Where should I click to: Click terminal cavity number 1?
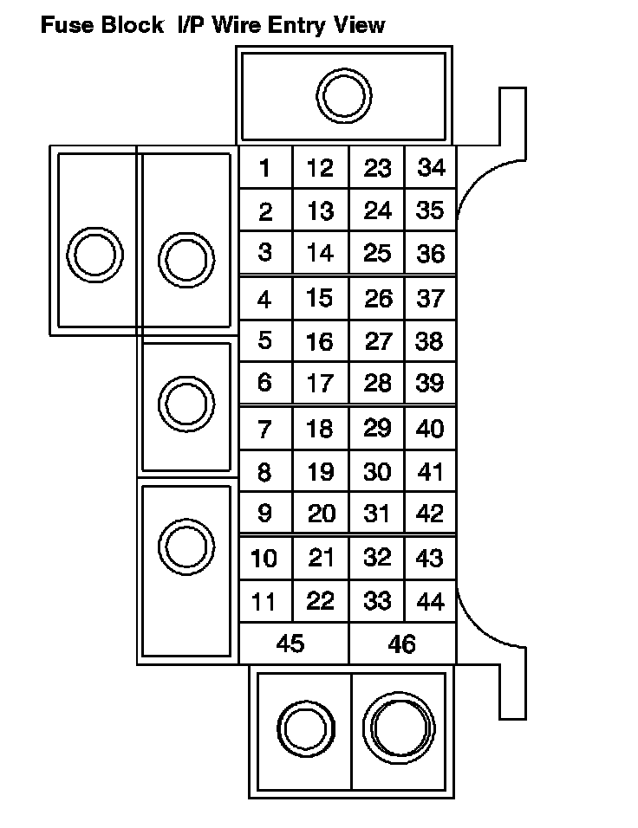pos(264,168)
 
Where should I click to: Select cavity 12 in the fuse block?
pos(320,168)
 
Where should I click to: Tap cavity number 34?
pos(431,167)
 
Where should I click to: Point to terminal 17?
pos(320,383)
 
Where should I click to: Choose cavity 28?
pos(377,383)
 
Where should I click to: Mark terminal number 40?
pos(430,429)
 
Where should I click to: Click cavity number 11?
pos(264,601)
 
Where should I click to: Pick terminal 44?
pos(430,601)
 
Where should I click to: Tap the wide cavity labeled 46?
pos(402,644)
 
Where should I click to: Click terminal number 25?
pos(377,254)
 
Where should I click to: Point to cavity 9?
pos(264,514)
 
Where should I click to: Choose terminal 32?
pos(377,558)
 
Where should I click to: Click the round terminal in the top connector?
pos(344,97)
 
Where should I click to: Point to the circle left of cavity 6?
pos(186,403)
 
